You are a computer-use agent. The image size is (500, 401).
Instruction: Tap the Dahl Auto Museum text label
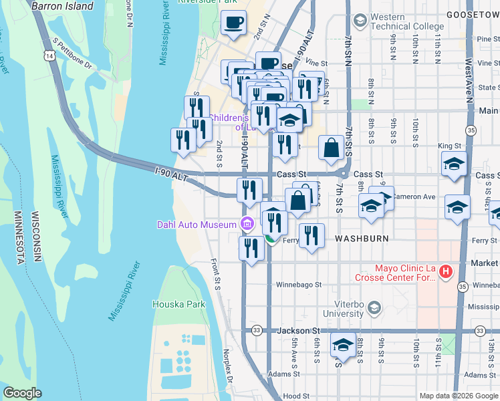tap(198, 225)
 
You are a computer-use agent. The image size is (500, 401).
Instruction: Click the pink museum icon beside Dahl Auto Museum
tap(247, 223)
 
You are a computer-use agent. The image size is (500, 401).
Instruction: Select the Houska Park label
tap(178, 304)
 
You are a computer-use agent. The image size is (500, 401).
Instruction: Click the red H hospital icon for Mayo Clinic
tap(445, 271)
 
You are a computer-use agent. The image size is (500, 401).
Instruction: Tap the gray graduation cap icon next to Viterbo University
tap(374, 307)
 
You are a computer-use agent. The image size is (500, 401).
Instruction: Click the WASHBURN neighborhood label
tap(362, 238)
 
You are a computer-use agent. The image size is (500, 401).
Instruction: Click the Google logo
tap(22, 393)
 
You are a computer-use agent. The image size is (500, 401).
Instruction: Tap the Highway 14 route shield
tap(51, 57)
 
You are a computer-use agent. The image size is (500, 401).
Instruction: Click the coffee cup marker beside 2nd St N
tap(233, 23)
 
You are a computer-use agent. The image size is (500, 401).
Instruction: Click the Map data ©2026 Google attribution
tap(458, 396)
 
